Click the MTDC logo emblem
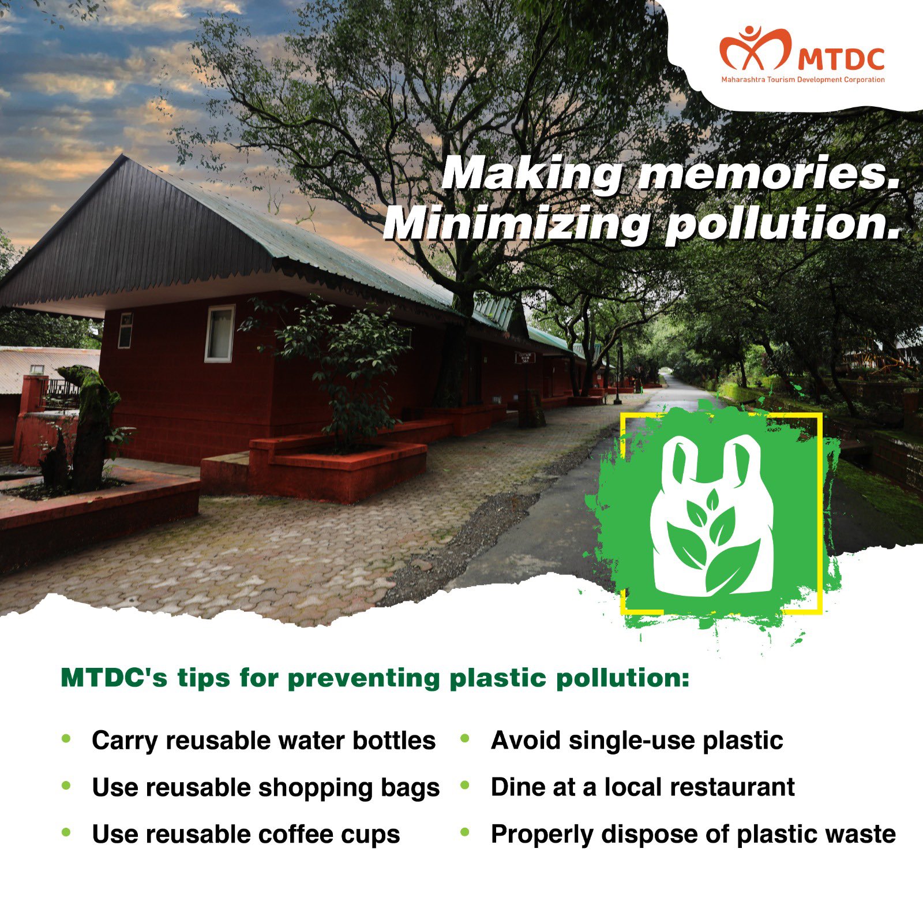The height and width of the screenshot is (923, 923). pos(755,48)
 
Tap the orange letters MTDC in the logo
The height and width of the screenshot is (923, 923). pos(842,59)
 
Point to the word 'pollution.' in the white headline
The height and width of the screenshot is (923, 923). pos(783,225)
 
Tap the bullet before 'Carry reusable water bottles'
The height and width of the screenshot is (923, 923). pos(66,738)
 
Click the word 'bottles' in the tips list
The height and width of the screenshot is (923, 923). pos(394,740)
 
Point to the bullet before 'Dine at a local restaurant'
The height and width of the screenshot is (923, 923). pos(465,785)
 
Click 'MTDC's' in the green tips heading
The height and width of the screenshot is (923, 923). pos(114,678)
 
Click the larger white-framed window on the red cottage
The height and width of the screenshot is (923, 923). pos(220,333)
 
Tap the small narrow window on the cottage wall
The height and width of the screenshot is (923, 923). pos(125,330)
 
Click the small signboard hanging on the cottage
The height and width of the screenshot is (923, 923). pos(525,358)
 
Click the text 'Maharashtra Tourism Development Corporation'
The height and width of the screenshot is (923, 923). pos(802,80)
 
